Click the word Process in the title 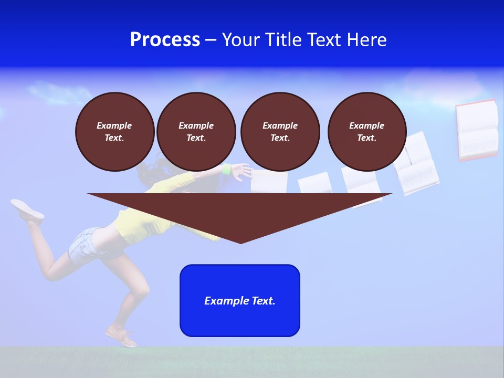tap(165, 40)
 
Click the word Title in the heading tap(284, 40)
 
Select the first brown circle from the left tap(114, 132)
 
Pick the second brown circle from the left tap(196, 132)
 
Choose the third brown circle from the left tap(280, 132)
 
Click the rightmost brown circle tap(366, 132)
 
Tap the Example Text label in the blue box tap(240, 301)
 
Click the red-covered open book tap(477, 130)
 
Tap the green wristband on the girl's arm tap(227, 169)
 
